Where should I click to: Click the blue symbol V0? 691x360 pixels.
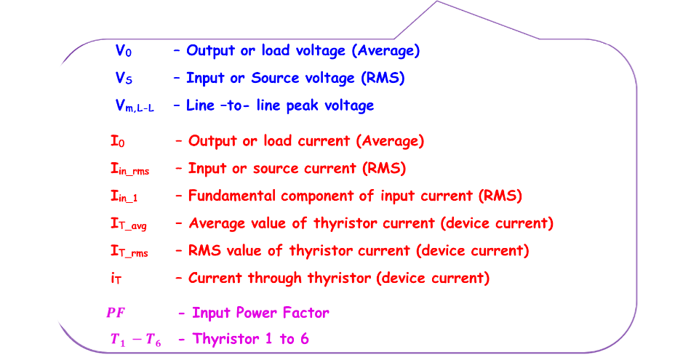(124, 51)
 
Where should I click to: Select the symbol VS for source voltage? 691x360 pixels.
(124, 79)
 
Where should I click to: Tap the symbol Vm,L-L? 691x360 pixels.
(134, 106)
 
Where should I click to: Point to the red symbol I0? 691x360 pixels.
(117, 141)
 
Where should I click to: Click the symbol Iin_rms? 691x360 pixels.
(129, 169)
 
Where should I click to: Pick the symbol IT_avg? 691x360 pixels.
(128, 224)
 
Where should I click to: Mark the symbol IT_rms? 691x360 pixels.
(129, 252)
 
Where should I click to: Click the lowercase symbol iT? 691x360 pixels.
(116, 279)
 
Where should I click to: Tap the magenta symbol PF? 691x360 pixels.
(116, 313)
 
